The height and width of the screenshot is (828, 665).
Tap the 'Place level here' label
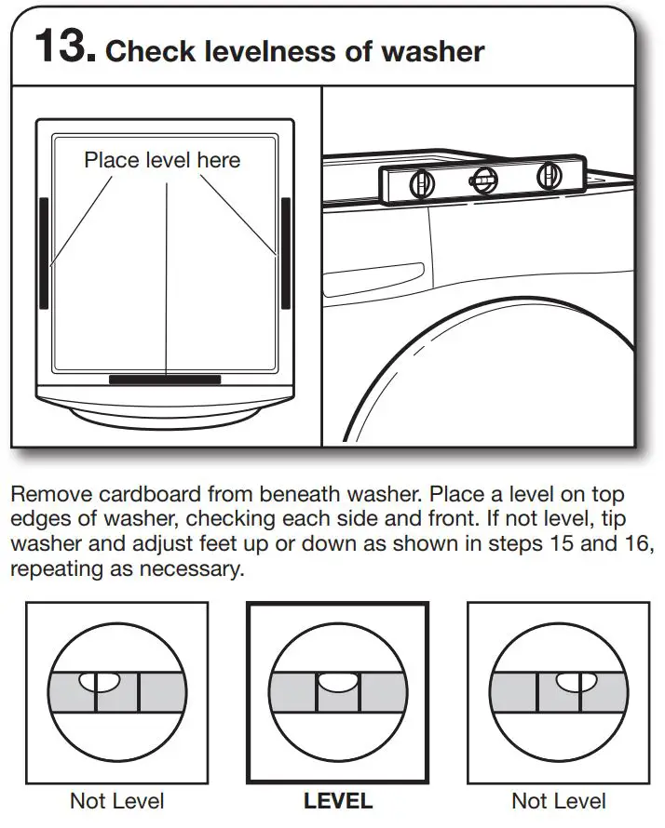[x=162, y=160]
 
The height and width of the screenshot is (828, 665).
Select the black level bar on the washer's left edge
[x=44, y=251]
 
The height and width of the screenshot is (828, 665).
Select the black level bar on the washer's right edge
[x=286, y=251]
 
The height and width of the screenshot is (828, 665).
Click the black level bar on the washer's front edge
[x=165, y=380]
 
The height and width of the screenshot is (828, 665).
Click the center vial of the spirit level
[x=483, y=180]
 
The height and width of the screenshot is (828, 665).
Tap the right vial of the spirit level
[x=548, y=177]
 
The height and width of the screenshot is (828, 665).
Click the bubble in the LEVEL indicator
[x=337, y=683]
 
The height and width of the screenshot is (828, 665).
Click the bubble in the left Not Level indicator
[x=98, y=683]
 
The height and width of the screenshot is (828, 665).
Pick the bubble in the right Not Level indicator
[x=570, y=683]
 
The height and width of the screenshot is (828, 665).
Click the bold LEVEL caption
[x=337, y=800]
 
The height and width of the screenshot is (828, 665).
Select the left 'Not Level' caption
[x=117, y=800]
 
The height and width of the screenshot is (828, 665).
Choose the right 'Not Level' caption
[x=559, y=800]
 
